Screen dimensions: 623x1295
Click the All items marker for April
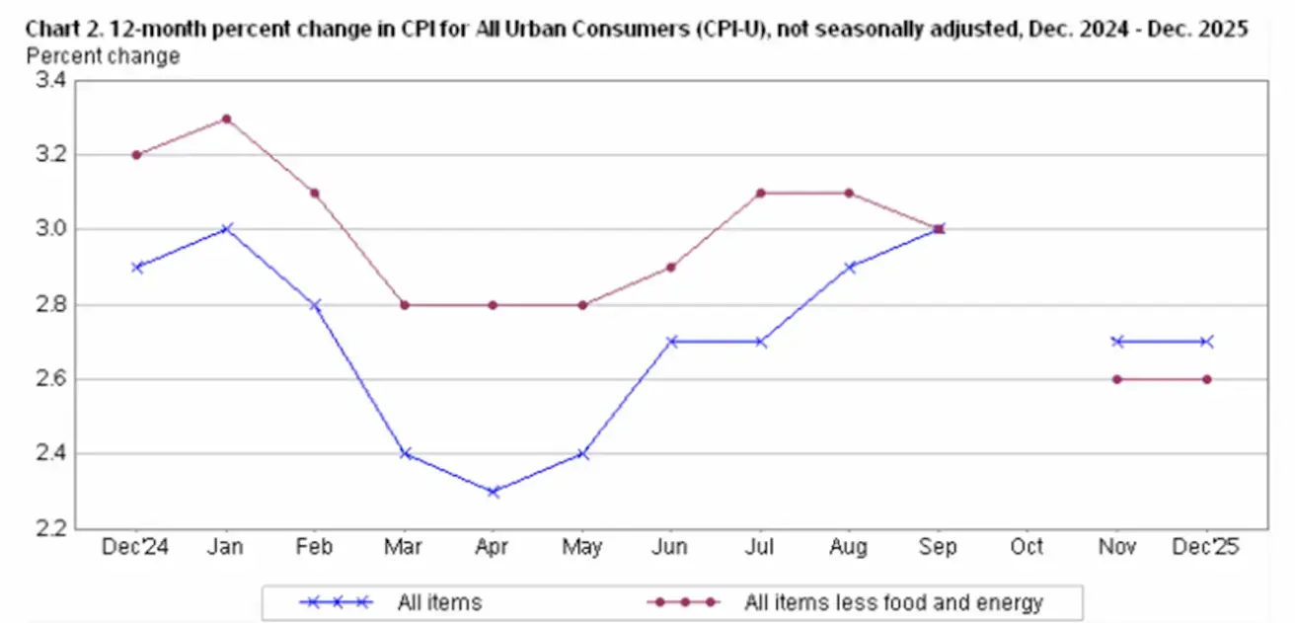(493, 492)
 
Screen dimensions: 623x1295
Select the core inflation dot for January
(226, 118)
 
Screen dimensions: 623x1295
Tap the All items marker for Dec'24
(137, 267)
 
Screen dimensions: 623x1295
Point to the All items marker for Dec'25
(1206, 342)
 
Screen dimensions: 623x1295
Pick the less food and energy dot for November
(1116, 379)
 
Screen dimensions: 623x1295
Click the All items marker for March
(404, 454)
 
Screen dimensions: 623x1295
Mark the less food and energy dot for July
(760, 193)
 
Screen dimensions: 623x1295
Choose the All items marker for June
(671, 342)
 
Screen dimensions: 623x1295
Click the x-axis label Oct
(1027, 547)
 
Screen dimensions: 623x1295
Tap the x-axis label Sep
(938, 547)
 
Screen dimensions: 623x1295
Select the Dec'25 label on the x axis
(1206, 547)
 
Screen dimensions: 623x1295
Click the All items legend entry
(439, 600)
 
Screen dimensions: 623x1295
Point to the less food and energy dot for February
(315, 193)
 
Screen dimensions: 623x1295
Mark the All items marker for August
(849, 267)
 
